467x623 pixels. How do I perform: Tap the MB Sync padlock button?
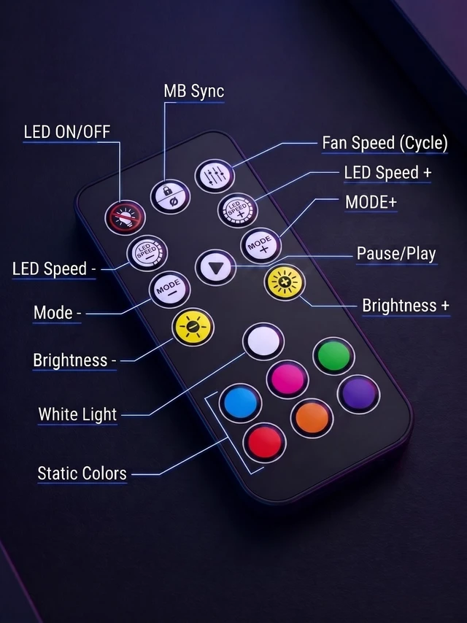[170, 197]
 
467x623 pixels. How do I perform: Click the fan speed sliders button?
[215, 176]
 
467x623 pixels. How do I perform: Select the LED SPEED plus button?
[238, 210]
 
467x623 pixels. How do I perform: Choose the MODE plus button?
[260, 245]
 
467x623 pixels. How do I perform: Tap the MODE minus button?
[170, 289]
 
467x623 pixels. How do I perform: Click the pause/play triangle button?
[215, 268]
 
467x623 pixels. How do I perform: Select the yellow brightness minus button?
[193, 327]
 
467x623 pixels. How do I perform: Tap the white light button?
[263, 341]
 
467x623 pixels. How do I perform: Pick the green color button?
[334, 355]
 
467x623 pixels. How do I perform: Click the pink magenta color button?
[287, 379]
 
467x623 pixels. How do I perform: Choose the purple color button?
[358, 394]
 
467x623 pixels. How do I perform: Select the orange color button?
[312, 418]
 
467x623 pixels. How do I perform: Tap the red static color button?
[264, 442]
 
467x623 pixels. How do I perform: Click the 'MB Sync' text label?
[194, 91]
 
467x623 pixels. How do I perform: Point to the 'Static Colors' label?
[82, 473]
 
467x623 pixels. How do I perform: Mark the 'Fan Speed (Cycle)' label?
[385, 143]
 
